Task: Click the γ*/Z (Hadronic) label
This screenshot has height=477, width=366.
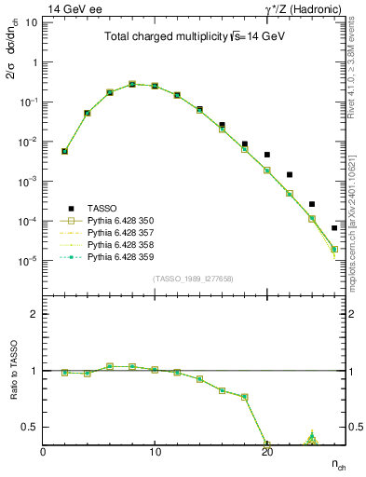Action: [304, 8]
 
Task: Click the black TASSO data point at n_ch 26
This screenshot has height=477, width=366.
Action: [334, 227]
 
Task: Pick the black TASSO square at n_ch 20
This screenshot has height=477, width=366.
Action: [267, 155]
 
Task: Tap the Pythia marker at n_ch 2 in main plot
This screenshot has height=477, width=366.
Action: [64, 151]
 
